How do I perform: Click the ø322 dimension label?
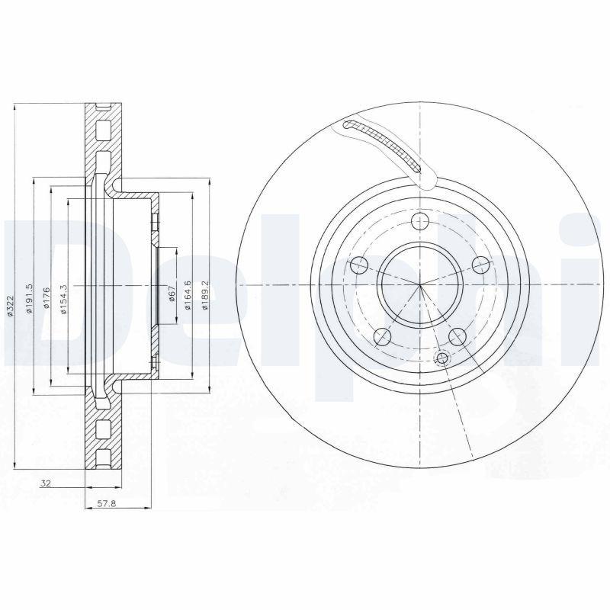click(x=11, y=306)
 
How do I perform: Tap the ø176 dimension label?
click(x=46, y=299)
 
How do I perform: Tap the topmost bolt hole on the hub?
click(x=419, y=222)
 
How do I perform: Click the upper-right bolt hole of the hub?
click(x=480, y=265)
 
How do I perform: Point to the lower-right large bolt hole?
click(x=457, y=335)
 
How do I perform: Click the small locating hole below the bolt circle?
click(x=441, y=358)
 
